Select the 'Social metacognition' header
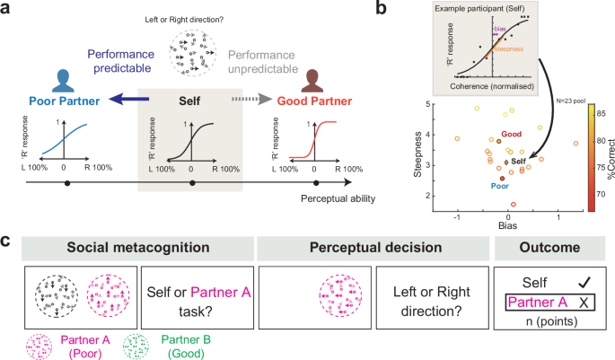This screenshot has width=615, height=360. click(x=134, y=245)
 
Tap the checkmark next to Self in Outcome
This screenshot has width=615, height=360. click(x=585, y=281)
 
